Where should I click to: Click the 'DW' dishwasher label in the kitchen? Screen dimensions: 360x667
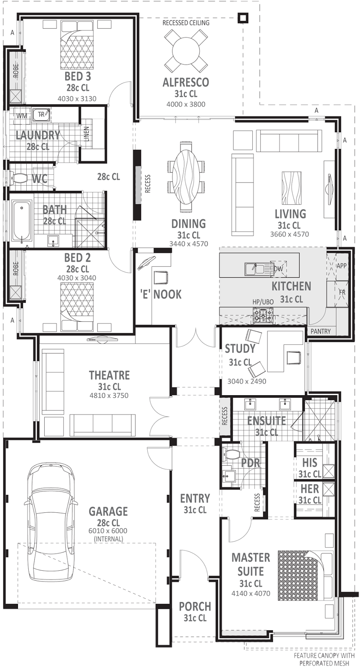pyautogui.click(x=278, y=269)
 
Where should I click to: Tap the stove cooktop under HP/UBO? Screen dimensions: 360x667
pyautogui.click(x=263, y=314)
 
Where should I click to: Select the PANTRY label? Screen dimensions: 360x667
pyautogui.click(x=320, y=331)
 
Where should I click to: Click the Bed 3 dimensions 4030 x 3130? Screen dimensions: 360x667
pyautogui.click(x=77, y=99)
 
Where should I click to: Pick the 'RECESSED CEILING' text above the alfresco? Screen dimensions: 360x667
pyautogui.click(x=186, y=23)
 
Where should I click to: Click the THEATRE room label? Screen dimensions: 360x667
pyautogui.click(x=109, y=375)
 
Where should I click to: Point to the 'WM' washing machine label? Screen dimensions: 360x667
pyautogui.click(x=22, y=115)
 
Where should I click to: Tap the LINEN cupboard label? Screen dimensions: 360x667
pyautogui.click(x=86, y=134)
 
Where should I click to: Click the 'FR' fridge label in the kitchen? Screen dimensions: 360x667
pyautogui.click(x=342, y=292)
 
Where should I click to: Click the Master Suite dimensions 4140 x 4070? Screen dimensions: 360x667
pyautogui.click(x=251, y=593)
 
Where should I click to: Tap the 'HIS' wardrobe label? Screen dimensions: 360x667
pyautogui.click(x=310, y=463)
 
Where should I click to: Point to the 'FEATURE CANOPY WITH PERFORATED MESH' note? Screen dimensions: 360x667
pyautogui.click(x=324, y=659)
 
